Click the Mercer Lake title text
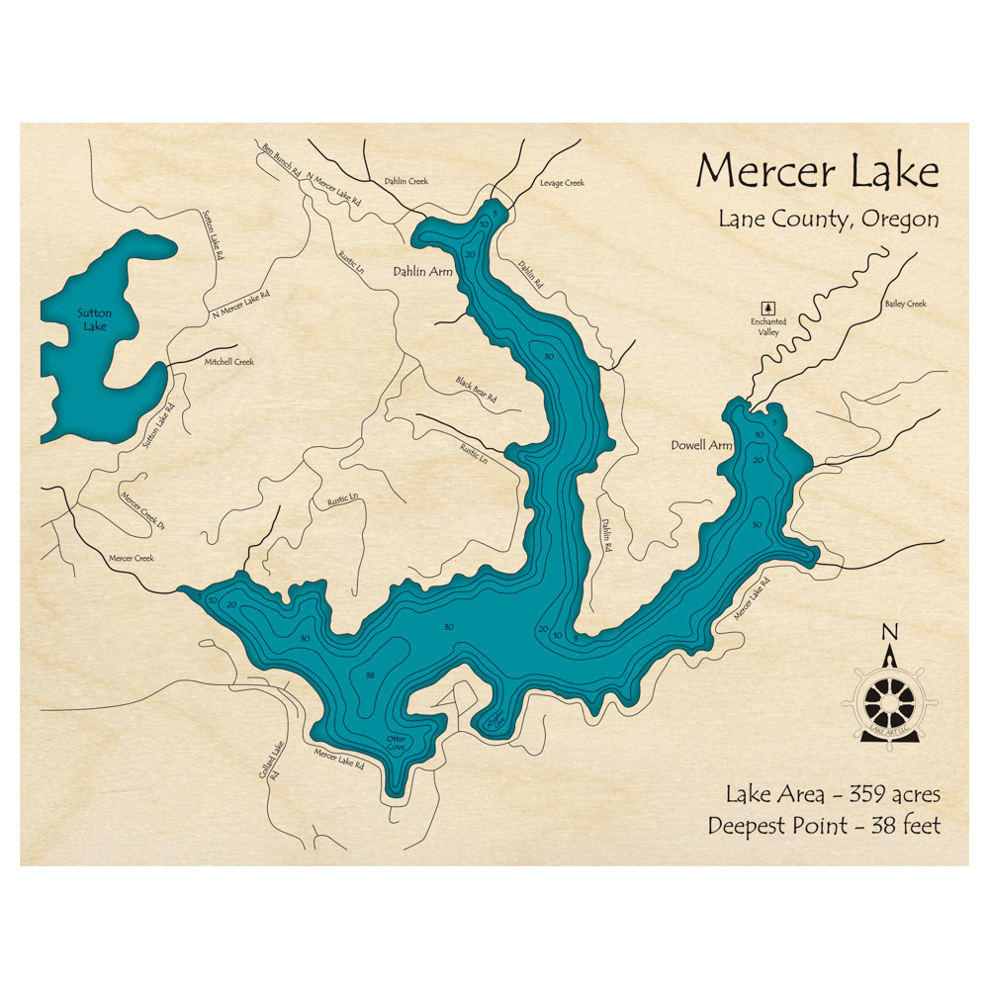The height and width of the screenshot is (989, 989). click(817, 172)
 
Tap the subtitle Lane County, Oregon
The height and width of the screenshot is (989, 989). click(829, 220)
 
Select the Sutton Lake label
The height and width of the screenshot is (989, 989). click(95, 319)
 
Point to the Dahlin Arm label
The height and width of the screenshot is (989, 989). click(422, 271)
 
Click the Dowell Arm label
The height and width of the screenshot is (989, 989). click(701, 446)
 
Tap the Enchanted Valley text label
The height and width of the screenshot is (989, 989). click(768, 327)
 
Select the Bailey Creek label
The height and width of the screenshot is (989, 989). click(905, 304)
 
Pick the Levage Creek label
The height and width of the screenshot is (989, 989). click(562, 183)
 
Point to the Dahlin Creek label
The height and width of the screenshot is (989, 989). click(405, 181)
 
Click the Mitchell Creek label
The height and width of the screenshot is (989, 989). click(228, 362)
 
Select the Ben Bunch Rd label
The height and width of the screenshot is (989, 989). click(280, 159)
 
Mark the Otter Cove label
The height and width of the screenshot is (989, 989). click(397, 742)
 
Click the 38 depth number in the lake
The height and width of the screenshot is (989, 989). click(370, 675)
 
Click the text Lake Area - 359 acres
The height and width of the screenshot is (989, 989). click(833, 794)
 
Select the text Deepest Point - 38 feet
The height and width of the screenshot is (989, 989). click(824, 826)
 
